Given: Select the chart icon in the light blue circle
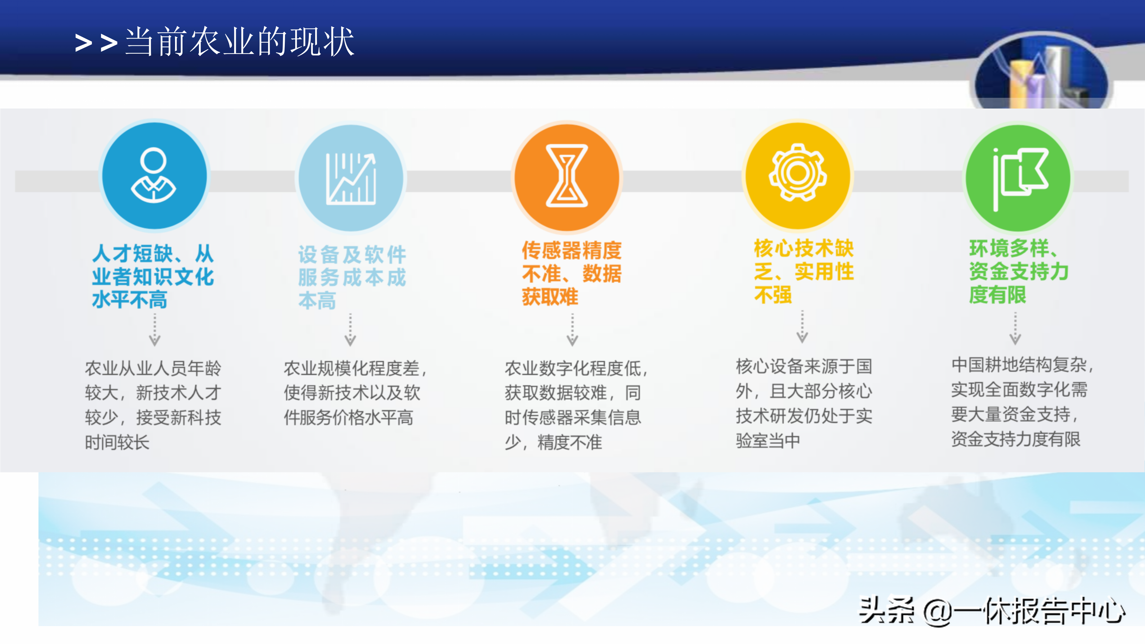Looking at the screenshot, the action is coord(351,179).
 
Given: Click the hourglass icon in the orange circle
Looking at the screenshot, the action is coord(567,176).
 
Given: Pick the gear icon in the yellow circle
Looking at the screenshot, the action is coord(798,172).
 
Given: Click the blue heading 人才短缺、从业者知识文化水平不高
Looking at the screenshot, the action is coord(153,276).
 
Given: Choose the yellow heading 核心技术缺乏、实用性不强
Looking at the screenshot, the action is coord(804,271).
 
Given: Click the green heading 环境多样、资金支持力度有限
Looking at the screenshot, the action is coord(1019,271).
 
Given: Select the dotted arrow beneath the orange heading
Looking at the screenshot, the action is coord(572,330).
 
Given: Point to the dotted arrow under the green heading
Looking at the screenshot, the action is coord(1015,329).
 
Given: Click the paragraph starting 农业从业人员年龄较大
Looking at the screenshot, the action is coord(153,405).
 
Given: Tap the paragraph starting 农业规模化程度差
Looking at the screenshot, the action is coord(355,392).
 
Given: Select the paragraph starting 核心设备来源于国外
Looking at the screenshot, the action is coord(804,403).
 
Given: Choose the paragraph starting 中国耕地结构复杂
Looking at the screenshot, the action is coord(1022,402).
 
